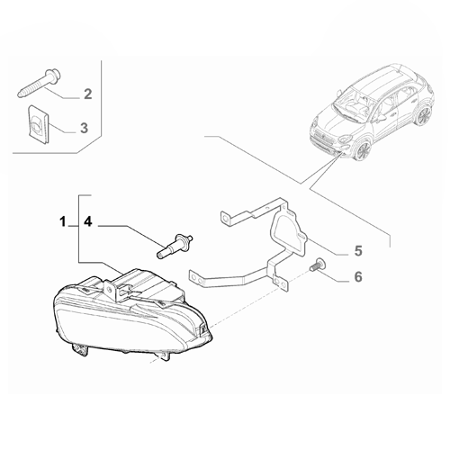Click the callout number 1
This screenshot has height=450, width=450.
pyautogui.click(x=62, y=222)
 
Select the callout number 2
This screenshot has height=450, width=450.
pyautogui.click(x=87, y=94)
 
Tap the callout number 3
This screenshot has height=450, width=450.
pyautogui.click(x=84, y=128)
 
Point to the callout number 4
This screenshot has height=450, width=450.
pyautogui.click(x=88, y=222)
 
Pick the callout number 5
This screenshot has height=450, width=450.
pyautogui.click(x=358, y=251)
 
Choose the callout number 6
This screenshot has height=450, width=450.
pyautogui.click(x=358, y=276)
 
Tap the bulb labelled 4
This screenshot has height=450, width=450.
pyautogui.click(x=175, y=246)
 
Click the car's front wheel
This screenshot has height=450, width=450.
pyautogui.click(x=363, y=150)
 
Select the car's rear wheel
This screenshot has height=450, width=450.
pyautogui.click(x=424, y=115)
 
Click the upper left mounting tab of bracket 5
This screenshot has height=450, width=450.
pyautogui.click(x=226, y=218)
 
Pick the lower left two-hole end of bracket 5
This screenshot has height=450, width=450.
pyautogui.click(x=196, y=276)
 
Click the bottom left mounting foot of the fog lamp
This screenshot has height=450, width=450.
pyautogui.click(x=80, y=349)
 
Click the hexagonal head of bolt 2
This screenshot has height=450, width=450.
pyautogui.click(x=54, y=75)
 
